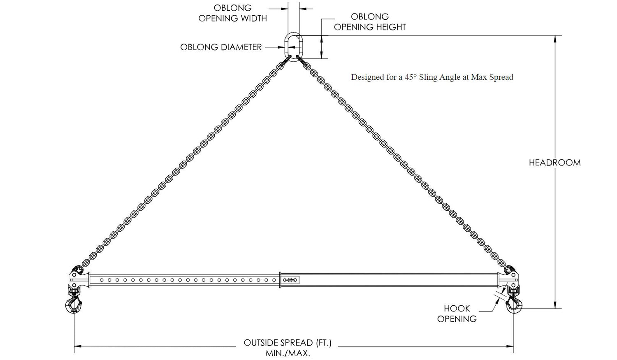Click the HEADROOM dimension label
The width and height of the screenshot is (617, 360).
(554, 163)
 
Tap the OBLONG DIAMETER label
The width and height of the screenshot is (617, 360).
(221, 47)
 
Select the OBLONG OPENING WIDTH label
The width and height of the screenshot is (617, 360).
(232, 13)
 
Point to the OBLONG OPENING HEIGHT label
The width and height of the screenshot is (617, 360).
(370, 22)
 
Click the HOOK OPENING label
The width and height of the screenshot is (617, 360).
(457, 314)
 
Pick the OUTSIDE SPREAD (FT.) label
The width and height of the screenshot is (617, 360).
(288, 343)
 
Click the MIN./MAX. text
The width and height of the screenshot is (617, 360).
(288, 353)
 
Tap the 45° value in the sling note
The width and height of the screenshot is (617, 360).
(411, 77)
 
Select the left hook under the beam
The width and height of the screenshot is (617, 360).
(74, 305)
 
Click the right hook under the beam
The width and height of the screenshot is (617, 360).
(513, 305)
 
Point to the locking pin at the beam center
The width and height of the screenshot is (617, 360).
(290, 280)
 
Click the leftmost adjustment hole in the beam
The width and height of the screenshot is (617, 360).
(102, 280)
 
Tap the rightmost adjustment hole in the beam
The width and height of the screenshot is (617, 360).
(274, 280)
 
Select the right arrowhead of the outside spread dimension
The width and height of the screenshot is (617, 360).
(510, 346)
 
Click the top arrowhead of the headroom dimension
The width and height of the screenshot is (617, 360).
(555, 39)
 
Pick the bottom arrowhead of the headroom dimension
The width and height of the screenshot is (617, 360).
(555, 304)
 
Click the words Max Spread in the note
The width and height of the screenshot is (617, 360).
(492, 77)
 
